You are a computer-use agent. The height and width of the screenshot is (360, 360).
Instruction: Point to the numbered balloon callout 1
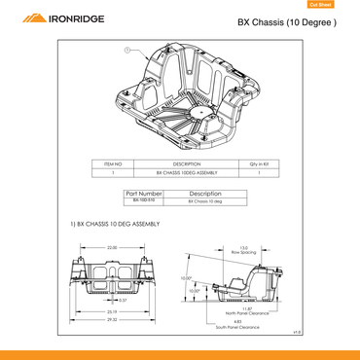(x=127, y=49)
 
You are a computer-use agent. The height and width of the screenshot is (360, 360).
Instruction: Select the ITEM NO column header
(x=113, y=162)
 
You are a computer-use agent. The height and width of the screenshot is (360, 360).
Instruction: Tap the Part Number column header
(x=143, y=194)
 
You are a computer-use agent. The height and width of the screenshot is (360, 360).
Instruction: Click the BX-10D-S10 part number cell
(x=143, y=201)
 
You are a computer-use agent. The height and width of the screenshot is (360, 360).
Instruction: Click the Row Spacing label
(x=243, y=252)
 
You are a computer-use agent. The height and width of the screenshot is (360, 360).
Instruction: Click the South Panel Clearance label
(x=237, y=328)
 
